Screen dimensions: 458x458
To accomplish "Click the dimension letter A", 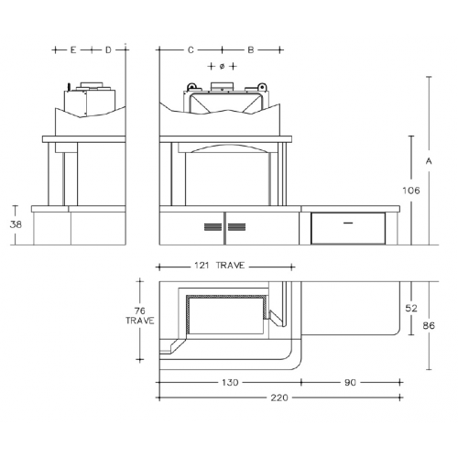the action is click(x=429, y=161).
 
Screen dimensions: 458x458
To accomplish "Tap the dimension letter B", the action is click(x=251, y=49).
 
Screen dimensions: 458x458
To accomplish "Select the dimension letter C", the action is click(x=191, y=49).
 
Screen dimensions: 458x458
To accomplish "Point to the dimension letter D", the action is click(x=108, y=49).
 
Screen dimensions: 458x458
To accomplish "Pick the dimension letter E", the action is click(x=73, y=49).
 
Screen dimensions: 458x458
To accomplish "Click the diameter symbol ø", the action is click(x=222, y=66).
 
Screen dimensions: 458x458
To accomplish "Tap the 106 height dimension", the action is click(x=411, y=191).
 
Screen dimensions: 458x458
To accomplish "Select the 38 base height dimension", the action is click(x=16, y=224).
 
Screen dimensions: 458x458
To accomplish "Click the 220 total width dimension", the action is click(x=279, y=398).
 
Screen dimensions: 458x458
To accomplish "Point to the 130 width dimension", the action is click(x=230, y=382).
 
